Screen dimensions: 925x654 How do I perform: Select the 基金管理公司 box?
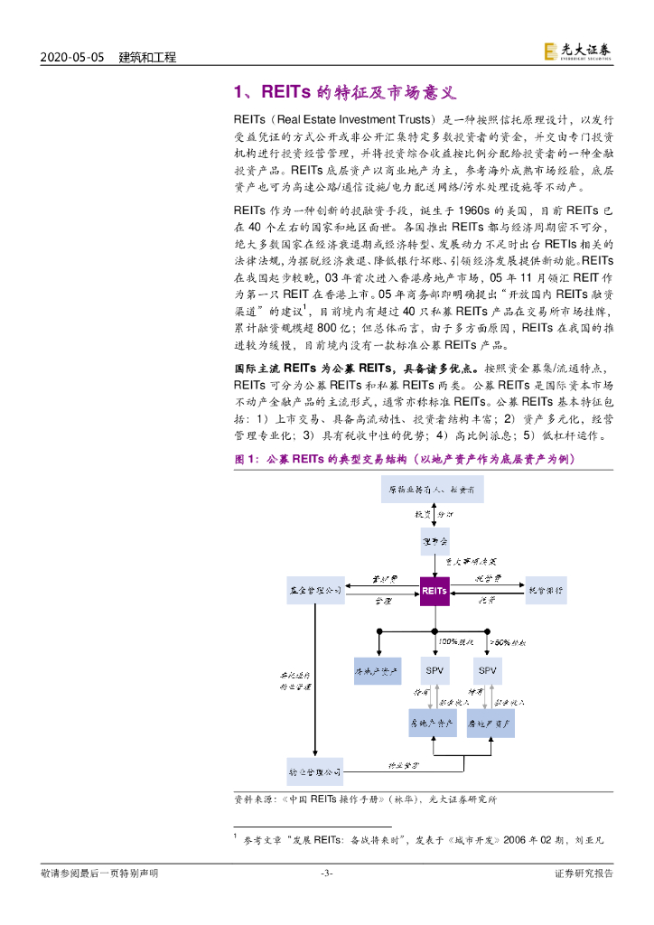(315, 590)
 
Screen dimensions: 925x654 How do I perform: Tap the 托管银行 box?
(547, 590)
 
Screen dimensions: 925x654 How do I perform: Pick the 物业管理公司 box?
(315, 772)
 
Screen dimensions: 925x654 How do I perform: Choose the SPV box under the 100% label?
(434, 670)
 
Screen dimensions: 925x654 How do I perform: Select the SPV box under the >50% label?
(487, 670)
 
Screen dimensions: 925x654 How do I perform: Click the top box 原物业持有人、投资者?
(435, 491)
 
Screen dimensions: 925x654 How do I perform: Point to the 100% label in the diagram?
(447, 641)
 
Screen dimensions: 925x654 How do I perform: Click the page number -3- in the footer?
(327, 873)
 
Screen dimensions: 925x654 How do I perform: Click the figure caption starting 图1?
(403, 459)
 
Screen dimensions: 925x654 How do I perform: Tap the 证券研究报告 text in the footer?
(583, 873)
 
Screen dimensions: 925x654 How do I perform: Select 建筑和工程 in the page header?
(147, 57)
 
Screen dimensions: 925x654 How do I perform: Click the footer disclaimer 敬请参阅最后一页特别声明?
(99, 873)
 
